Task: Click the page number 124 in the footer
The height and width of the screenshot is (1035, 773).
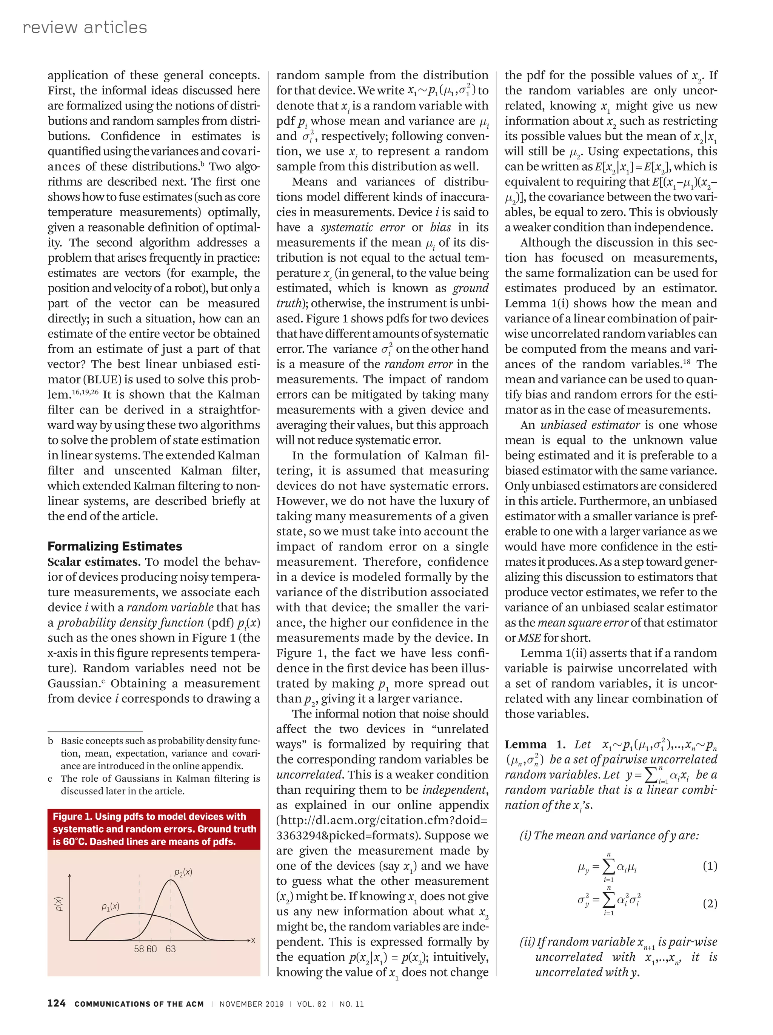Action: [56, 1003]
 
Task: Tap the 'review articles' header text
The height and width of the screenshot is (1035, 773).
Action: [85, 28]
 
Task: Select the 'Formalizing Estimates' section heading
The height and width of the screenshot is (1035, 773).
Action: [115, 546]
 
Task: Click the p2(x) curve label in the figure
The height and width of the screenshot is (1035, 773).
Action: [183, 872]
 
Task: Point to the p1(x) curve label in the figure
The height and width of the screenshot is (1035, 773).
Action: [110, 907]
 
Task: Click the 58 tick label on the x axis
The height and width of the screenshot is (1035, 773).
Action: [139, 949]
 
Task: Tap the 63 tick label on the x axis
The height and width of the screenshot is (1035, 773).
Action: [171, 949]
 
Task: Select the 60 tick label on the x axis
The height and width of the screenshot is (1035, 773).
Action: [151, 949]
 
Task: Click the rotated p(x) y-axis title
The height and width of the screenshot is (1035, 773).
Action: [59, 904]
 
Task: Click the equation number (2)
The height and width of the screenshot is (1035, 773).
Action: [710, 904]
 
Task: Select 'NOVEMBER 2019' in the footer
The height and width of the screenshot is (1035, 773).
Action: [252, 1004]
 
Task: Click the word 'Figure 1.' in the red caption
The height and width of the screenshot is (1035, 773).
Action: [72, 816]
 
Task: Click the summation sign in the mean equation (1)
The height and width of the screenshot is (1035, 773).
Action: [608, 867]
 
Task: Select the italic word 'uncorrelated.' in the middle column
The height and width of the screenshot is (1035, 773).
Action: [310, 775]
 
